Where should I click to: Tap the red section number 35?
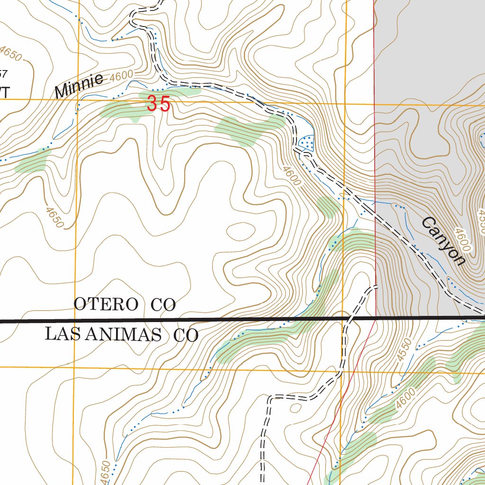click(x=158, y=104)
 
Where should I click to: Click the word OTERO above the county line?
click(x=106, y=304)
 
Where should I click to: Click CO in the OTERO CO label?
click(x=163, y=305)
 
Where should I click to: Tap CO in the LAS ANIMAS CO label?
click(x=185, y=336)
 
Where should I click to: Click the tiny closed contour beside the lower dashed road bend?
click(x=296, y=407)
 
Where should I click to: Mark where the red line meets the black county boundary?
click(x=375, y=318)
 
